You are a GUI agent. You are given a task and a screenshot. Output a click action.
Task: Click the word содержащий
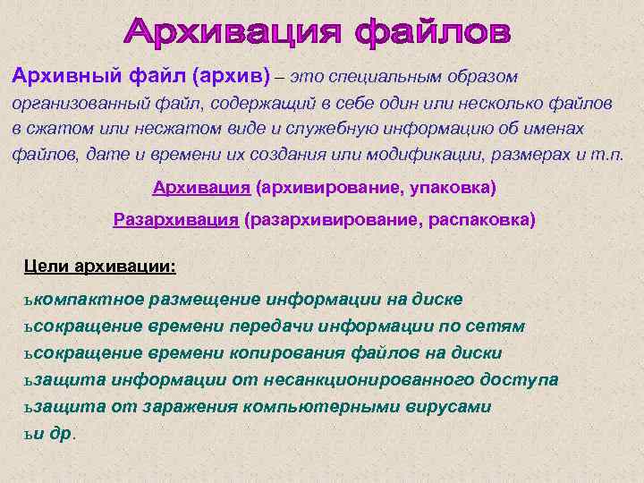click(236, 104)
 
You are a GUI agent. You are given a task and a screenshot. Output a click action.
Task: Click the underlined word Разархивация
click(175, 219)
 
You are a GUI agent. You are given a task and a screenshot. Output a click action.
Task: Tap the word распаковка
click(484, 219)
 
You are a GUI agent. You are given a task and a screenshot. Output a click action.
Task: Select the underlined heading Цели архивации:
click(100, 267)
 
